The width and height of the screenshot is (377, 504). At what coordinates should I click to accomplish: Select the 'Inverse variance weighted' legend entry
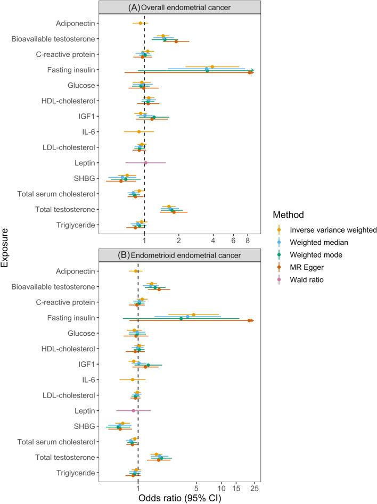[x=333, y=230]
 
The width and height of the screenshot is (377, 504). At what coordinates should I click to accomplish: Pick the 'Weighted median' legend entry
[x=318, y=242]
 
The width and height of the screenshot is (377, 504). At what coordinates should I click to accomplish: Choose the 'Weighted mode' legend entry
[x=316, y=254]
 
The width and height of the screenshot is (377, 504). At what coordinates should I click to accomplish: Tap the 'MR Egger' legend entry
[x=308, y=267]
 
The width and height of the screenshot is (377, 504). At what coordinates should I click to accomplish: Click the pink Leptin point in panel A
[x=145, y=163]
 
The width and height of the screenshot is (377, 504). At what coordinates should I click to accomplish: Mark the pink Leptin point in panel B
[x=133, y=410]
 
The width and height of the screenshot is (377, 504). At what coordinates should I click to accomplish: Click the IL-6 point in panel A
[x=139, y=131]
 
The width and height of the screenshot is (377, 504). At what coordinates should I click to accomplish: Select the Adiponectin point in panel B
[x=136, y=271]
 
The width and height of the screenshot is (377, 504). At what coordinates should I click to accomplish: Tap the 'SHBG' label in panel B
[x=84, y=426]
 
